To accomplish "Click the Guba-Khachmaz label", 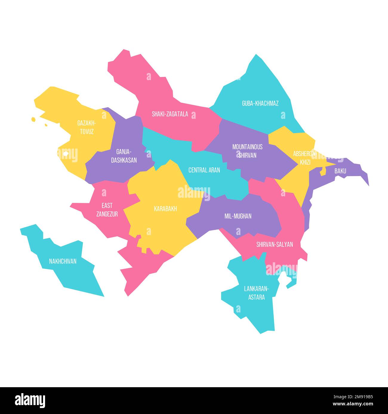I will [260, 103].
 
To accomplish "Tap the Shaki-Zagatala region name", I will [170, 114].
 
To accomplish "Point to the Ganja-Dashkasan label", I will [124, 156].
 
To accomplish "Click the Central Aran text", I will [204, 170].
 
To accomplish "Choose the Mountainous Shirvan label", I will [247, 151].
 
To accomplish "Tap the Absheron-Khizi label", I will [304, 158].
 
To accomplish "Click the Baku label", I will [340, 171].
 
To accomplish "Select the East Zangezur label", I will [107, 209].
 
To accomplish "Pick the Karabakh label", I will [165, 209].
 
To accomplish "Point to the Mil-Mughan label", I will [238, 216].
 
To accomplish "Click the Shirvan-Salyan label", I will [274, 245].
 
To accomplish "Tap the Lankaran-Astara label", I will [256, 292].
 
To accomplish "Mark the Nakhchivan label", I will [63, 261].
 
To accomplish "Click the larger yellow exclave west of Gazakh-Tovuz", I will [33, 120].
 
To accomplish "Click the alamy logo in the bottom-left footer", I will [30, 400].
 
